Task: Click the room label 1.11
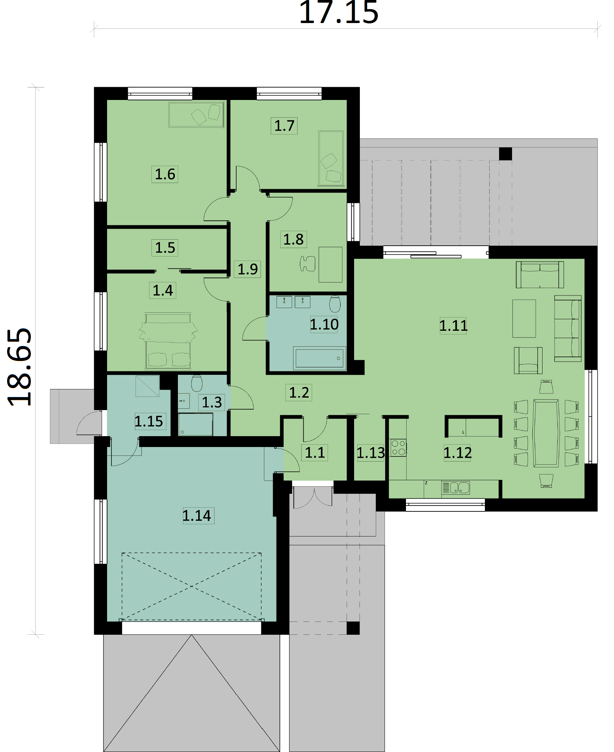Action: point(453,325)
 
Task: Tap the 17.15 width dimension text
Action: point(339,13)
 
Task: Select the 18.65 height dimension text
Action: point(20,367)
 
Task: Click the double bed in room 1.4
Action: point(168,341)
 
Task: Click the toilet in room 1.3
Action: point(197,383)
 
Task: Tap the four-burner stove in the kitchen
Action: point(398,447)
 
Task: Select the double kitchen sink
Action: point(455,488)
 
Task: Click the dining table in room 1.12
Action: point(546,433)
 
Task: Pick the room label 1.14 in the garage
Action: point(197,515)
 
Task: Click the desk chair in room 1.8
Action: point(307,264)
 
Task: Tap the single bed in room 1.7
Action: point(331,159)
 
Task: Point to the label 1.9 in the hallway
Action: point(247,269)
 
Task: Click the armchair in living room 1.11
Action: point(528,361)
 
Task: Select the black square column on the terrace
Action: point(506,154)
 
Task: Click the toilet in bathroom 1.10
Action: point(334,304)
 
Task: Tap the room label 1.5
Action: point(165,248)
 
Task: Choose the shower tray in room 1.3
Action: point(196,424)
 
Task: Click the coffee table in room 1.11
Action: point(524,319)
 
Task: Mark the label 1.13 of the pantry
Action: point(370,453)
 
